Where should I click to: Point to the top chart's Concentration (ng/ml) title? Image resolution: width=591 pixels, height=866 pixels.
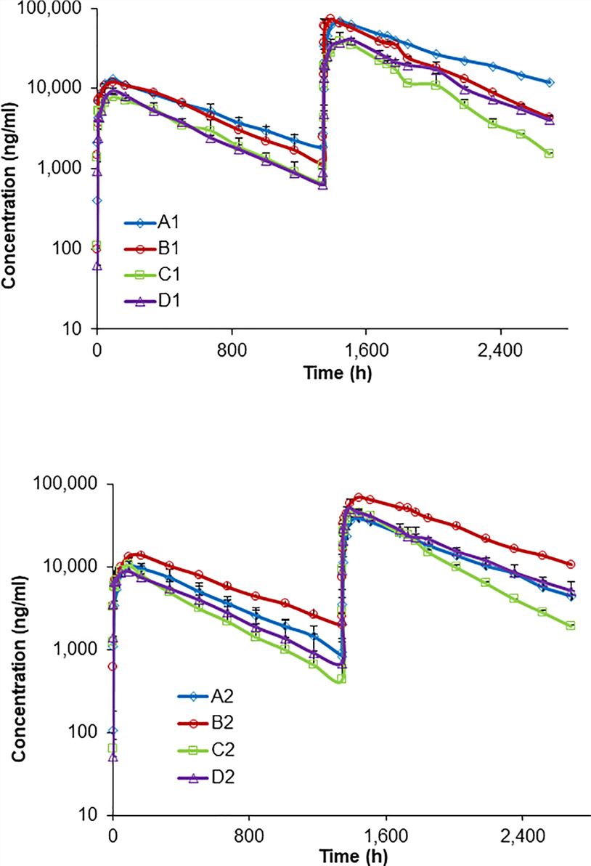9,169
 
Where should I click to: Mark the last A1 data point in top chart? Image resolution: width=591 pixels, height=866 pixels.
550,82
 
